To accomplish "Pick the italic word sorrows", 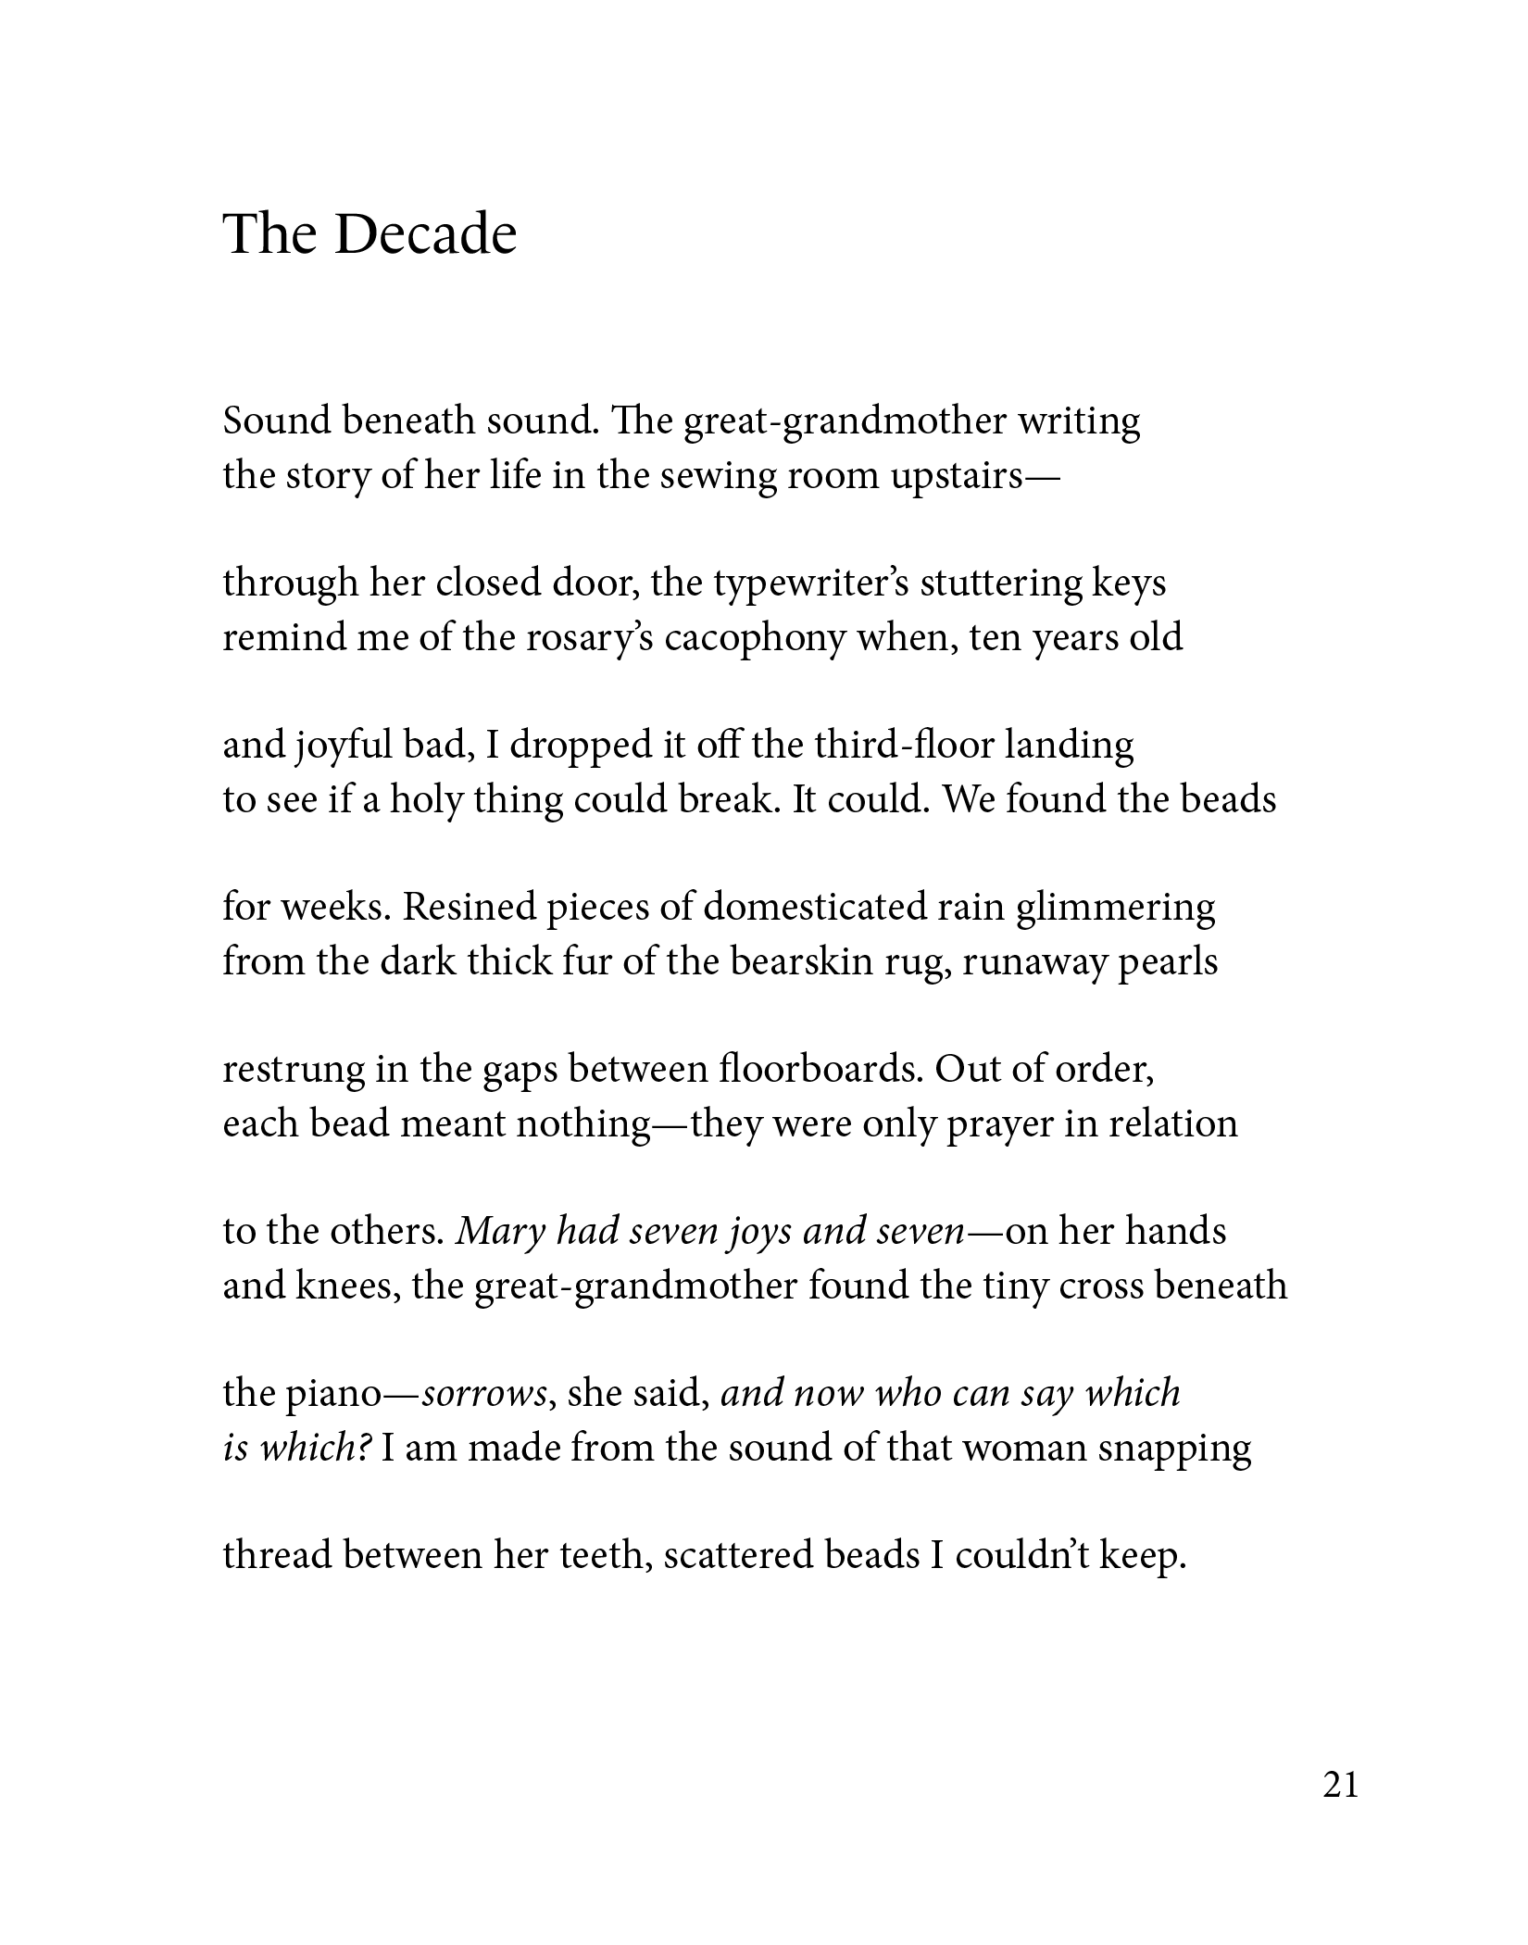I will coord(484,1393).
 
